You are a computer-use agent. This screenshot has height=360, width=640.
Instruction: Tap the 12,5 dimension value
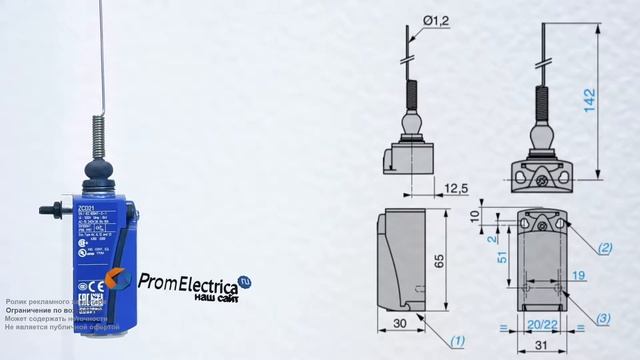pos(456,188)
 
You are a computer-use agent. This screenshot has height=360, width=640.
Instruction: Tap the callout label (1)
pos(456,340)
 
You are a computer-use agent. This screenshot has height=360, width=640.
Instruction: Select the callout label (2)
pos(605,246)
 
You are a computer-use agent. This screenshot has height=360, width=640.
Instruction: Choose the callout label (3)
pos(605,318)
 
